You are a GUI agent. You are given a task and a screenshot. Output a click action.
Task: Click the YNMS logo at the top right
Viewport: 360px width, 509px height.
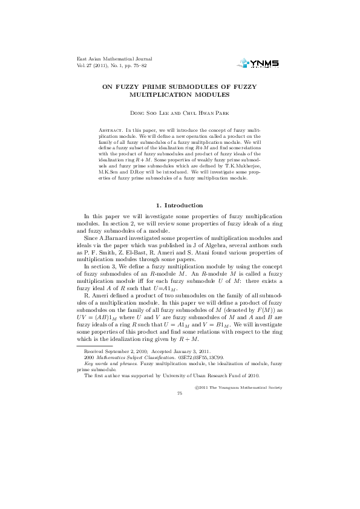pyautogui.click(x=260, y=62)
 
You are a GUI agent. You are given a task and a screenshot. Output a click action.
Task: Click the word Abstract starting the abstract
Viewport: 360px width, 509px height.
pyautogui.click(x=110, y=130)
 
